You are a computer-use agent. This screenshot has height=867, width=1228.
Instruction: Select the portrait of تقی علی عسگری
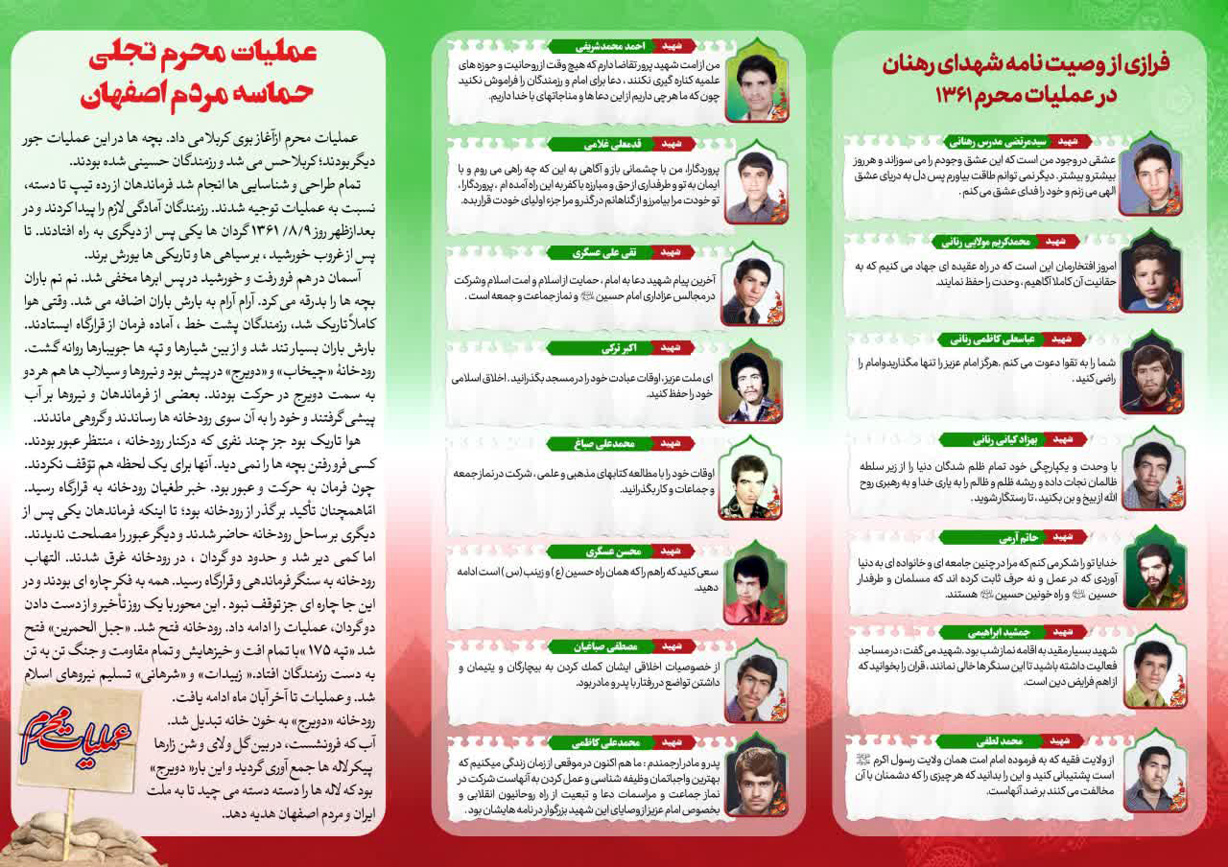pyautogui.click(x=753, y=286)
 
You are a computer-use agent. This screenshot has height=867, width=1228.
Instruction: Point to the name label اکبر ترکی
pyautogui.click(x=596, y=346)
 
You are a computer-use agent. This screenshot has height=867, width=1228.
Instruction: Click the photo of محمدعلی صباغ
pyautogui.click(x=754, y=477)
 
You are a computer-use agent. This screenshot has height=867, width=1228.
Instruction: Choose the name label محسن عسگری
pyautogui.click(x=596, y=551)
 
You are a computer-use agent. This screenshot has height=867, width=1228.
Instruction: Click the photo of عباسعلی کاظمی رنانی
pyautogui.click(x=1154, y=368)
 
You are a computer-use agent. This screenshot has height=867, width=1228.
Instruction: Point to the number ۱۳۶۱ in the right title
pyautogui.click(x=958, y=98)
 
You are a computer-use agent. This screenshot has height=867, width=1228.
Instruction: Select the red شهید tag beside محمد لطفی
pyautogui.click(x=1059, y=740)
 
